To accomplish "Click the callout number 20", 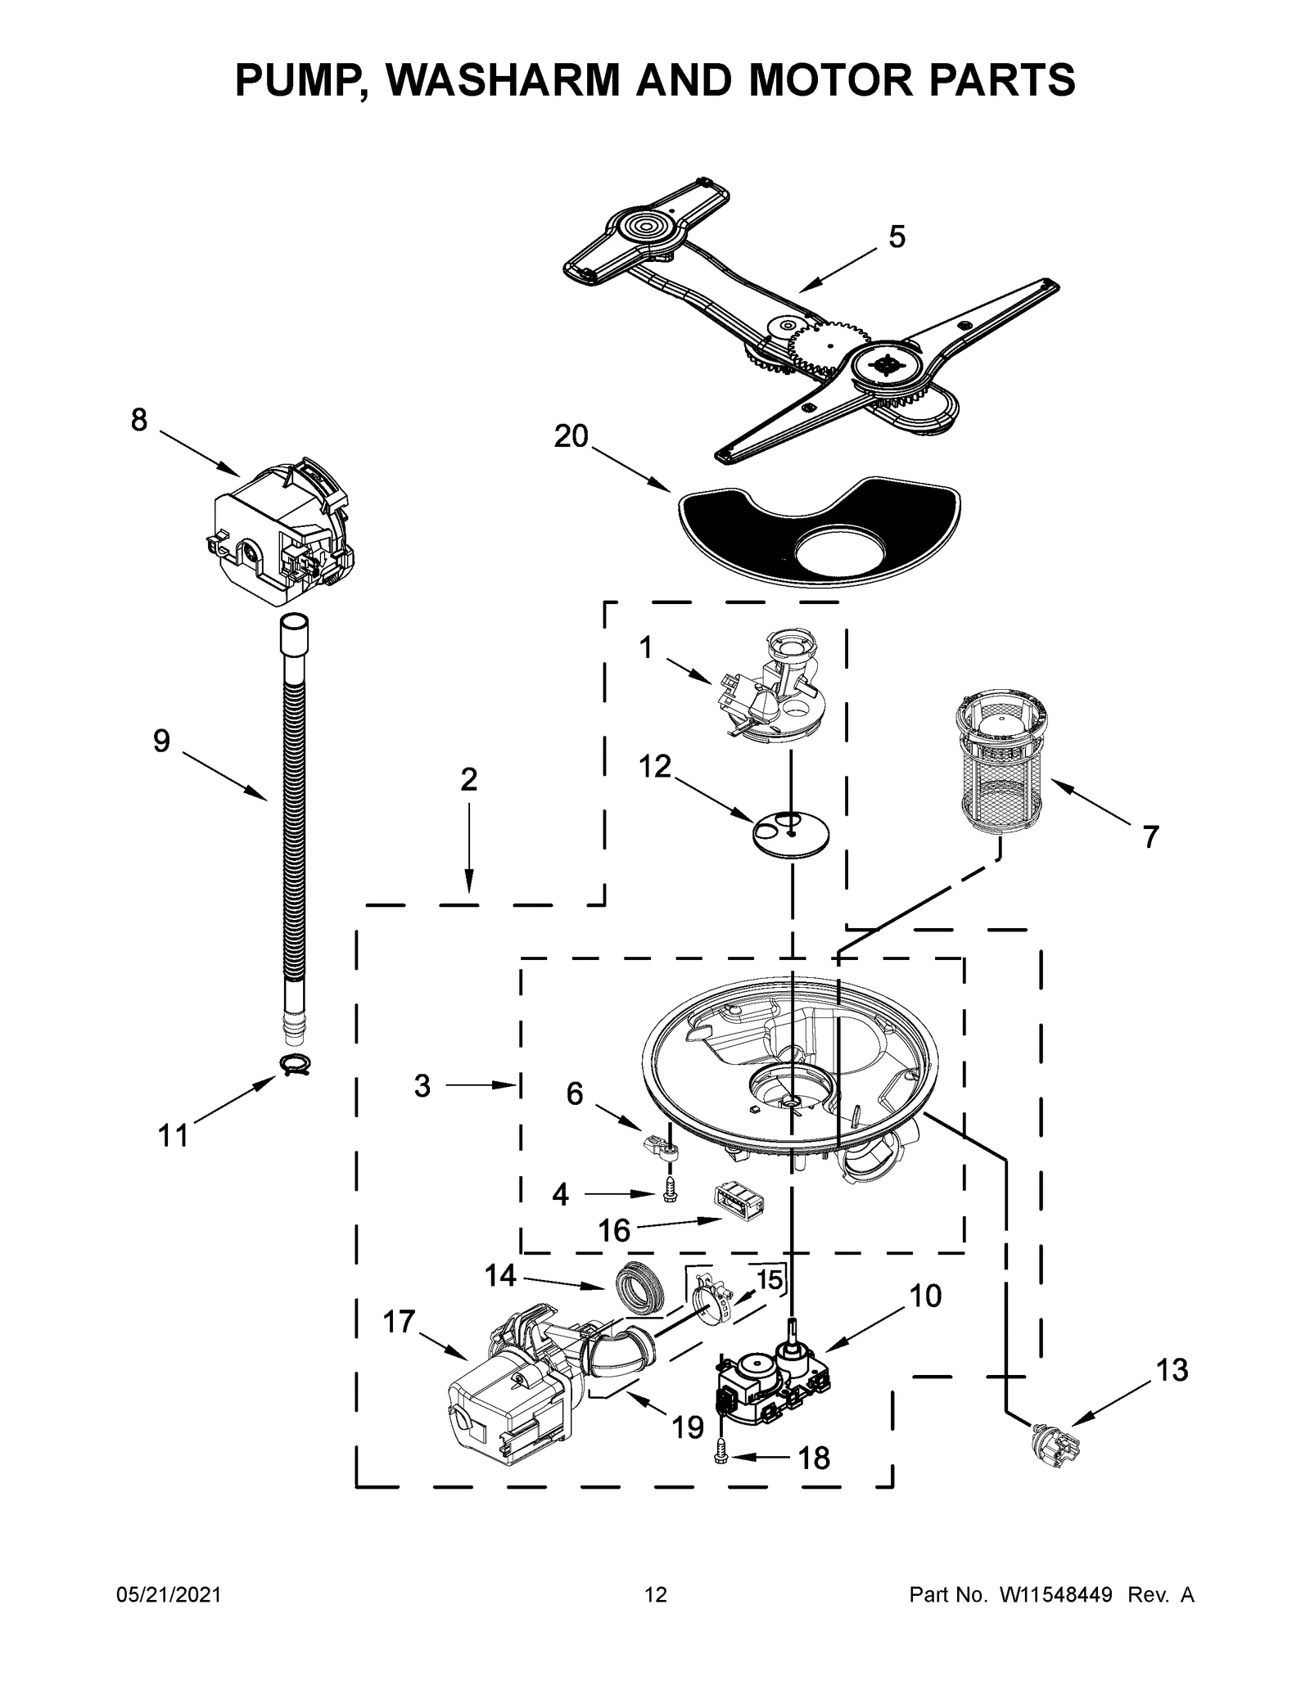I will coord(571,437).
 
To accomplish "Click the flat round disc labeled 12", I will coord(790,834).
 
